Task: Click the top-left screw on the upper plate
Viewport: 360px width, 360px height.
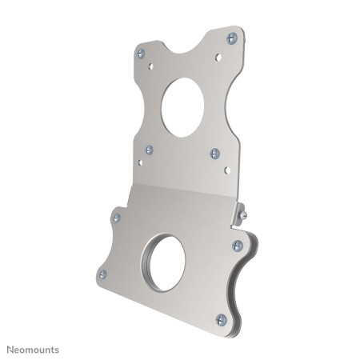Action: [140, 54]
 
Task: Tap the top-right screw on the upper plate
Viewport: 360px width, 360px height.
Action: [232, 37]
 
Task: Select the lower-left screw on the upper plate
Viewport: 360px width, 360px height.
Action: [149, 149]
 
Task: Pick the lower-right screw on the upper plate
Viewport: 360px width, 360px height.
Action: [214, 153]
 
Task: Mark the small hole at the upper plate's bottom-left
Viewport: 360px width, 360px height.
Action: [141, 163]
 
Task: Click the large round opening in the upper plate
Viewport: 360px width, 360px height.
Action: [185, 107]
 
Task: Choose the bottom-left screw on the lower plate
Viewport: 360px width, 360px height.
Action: [101, 274]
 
